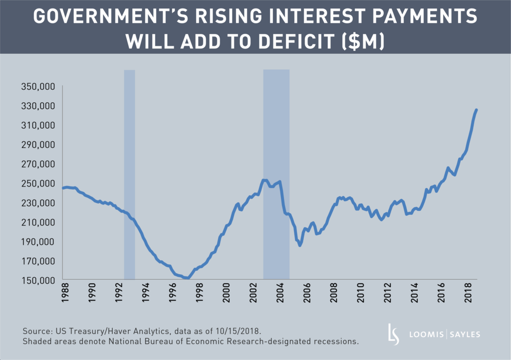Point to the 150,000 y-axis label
(42, 281)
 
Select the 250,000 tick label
(42, 183)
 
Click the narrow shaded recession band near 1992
(129, 175)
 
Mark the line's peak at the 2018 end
(477, 110)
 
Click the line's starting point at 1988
(63, 188)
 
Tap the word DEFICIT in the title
(292, 42)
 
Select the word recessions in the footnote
(336, 342)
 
